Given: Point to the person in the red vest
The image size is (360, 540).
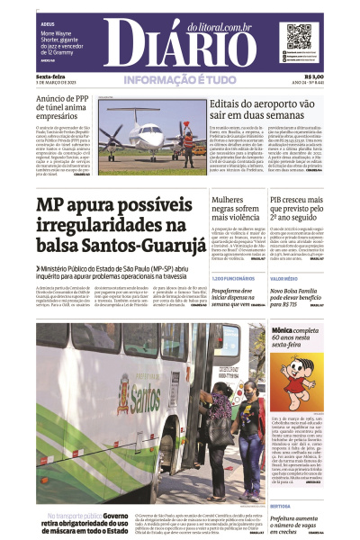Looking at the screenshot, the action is pyautogui.click(x=188, y=142).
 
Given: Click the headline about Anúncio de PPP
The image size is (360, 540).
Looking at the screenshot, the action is pyautogui.click(x=72, y=104).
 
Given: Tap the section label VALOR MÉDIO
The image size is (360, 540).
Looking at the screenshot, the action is pyautogui.click(x=283, y=279).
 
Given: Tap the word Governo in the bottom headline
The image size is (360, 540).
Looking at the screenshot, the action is pyautogui.click(x=118, y=516).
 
